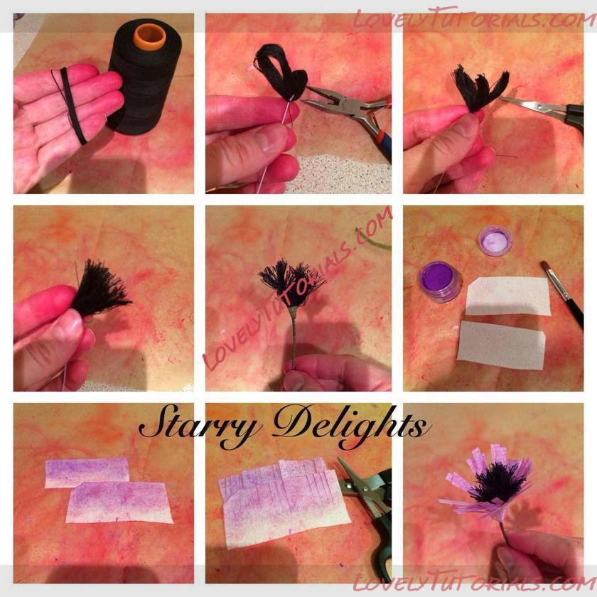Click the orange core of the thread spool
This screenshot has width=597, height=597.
click(x=149, y=37)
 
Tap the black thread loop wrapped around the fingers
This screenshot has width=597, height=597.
click(x=72, y=104)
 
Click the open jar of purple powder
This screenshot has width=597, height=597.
click(x=441, y=281)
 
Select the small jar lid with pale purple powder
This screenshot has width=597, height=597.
click(x=495, y=240)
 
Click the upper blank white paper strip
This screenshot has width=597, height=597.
click(x=507, y=296)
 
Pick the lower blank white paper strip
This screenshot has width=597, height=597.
click(x=501, y=345)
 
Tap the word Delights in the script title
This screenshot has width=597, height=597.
click(x=351, y=425)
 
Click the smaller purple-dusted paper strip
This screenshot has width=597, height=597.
click(x=87, y=473)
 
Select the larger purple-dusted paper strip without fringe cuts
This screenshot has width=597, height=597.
click(x=119, y=502)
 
